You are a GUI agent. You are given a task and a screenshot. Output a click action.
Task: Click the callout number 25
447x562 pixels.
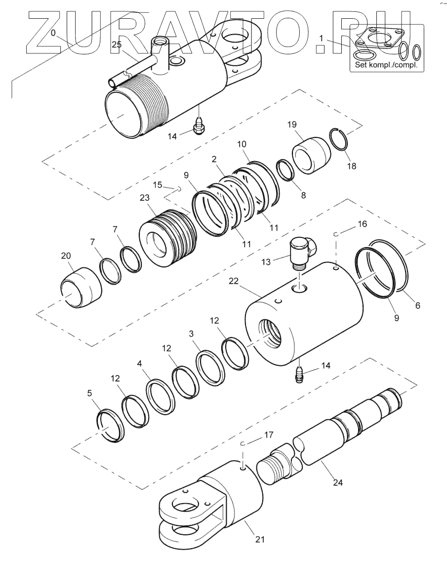[116, 45]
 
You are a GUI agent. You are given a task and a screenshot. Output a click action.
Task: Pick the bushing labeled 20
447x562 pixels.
[80, 288]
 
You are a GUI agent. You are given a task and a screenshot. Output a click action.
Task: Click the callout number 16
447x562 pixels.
[362, 224]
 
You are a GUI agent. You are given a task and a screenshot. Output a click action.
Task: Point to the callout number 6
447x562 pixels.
[418, 305]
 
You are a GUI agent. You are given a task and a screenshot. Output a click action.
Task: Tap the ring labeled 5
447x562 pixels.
[110, 424]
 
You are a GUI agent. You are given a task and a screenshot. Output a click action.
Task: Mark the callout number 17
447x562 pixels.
[269, 435]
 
